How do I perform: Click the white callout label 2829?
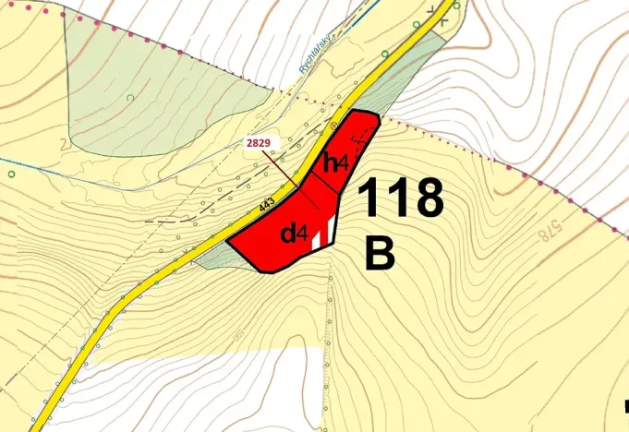click(258, 144)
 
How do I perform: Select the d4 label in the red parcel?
click(294, 234)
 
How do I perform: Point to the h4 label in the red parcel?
click(334, 164)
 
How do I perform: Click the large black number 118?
click(399, 198)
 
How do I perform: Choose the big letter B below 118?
click(380, 254)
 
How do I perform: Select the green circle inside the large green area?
click(131, 97)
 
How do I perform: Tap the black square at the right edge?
click(625, 403)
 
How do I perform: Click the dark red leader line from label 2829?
click(280, 167)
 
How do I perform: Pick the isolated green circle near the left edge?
click(9, 173)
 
